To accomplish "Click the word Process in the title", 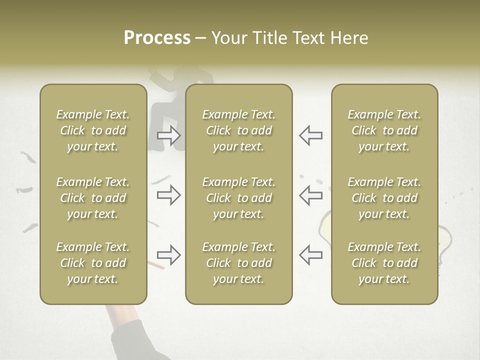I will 157,38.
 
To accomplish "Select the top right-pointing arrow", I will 169,135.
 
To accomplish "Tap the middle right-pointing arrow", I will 169,195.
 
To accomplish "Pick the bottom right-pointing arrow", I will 169,255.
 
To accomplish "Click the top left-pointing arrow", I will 310,135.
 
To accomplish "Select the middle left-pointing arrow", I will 310,195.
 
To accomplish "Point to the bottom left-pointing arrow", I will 310,255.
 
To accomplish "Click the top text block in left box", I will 93,130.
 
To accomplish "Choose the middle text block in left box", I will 93,198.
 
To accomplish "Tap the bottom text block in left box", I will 93,263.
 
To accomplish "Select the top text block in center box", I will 238,130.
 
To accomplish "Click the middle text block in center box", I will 238,198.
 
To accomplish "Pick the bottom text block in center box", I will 238,263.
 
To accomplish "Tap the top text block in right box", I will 384,130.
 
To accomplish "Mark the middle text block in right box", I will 384,198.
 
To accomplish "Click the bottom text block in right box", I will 384,263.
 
